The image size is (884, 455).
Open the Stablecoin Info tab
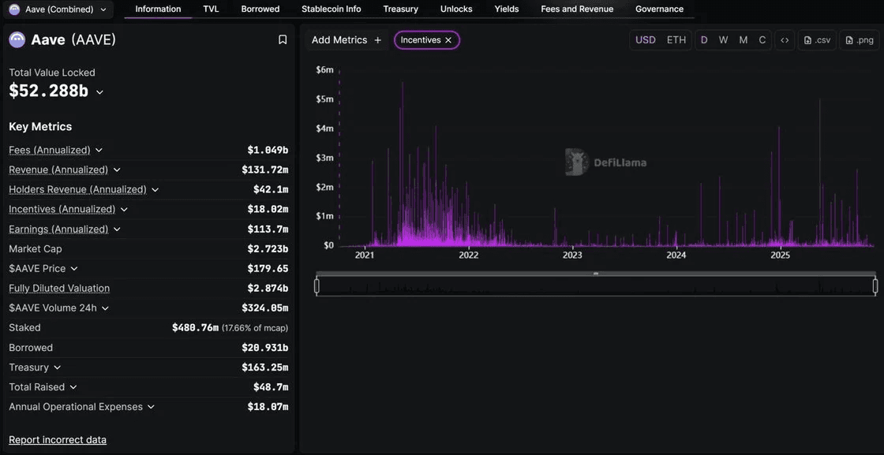coord(331,9)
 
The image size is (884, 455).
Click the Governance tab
coord(659,9)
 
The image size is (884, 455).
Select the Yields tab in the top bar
coord(506,9)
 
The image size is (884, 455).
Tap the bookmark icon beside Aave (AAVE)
coord(283,39)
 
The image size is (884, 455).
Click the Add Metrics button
coord(346,39)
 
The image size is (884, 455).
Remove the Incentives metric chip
coord(448,40)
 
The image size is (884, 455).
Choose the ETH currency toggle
coord(676,39)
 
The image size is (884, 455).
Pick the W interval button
coord(723,39)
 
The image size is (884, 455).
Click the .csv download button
coord(818,40)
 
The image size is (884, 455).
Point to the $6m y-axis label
coord(324,69)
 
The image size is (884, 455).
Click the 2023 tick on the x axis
coord(572,255)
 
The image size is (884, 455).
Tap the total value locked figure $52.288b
coord(48,91)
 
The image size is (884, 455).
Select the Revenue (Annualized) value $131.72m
coord(264,170)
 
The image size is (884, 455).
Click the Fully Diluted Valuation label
coord(59,288)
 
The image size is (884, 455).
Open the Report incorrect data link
coord(58,439)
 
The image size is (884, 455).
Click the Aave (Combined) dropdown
coord(58,9)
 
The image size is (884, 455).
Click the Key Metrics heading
coord(40,126)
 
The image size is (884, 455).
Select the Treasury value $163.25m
coord(264,367)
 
